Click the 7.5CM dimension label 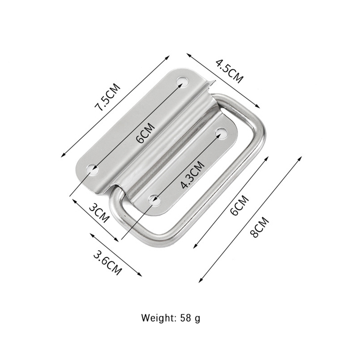click(x=107, y=97)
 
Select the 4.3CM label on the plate click(x=192, y=175)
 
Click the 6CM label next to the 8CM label click(x=240, y=205)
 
